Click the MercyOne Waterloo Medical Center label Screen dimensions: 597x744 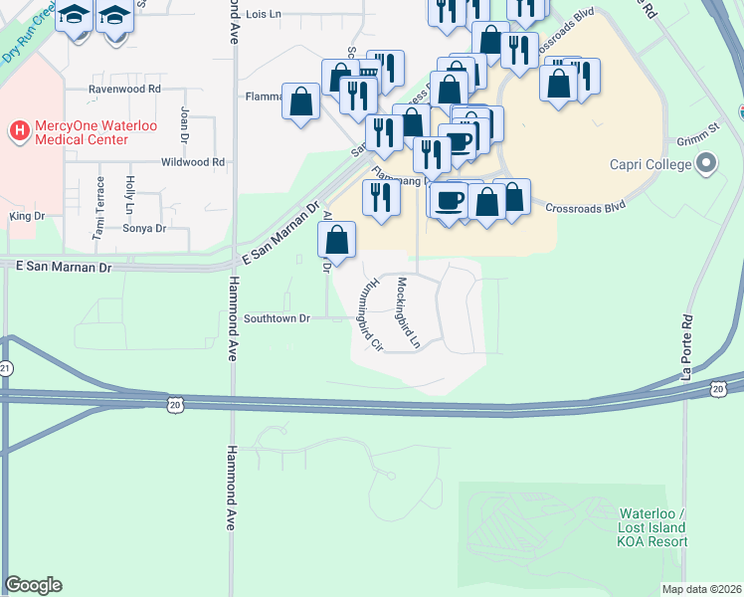[82, 133]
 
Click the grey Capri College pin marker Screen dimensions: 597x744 [708, 163]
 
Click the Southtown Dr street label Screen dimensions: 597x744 [278, 318]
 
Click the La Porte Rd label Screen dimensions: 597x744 [685, 349]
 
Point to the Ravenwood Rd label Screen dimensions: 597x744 [124, 89]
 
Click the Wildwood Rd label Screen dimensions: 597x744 [193, 162]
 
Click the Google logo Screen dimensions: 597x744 [33, 585]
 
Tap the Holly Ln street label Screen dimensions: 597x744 [129, 195]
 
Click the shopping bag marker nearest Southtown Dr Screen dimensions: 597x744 [337, 241]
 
